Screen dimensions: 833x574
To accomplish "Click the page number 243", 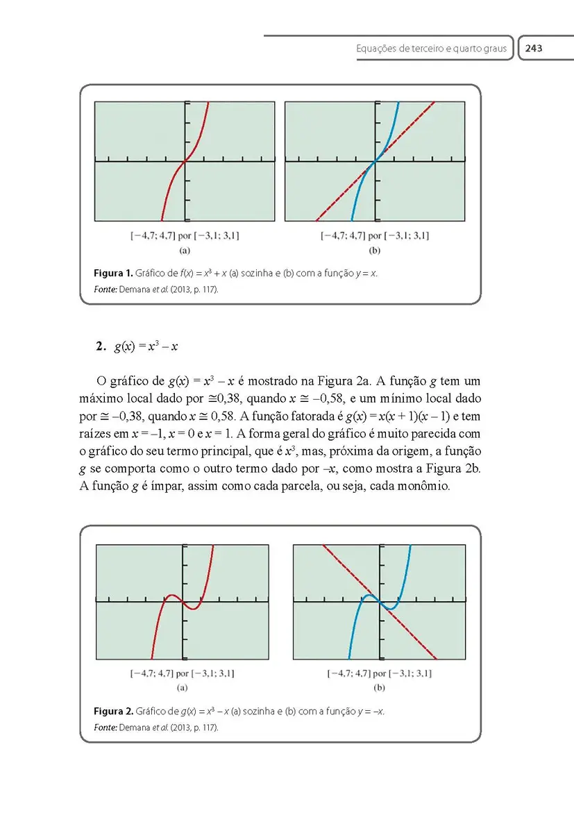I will coord(534,49).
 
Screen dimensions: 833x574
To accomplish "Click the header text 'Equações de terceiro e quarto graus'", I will coord(431,49).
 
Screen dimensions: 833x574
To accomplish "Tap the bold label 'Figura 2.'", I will coord(113,712).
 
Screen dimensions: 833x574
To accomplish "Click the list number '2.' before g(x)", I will coord(101,346).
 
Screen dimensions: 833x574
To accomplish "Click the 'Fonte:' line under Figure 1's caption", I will coord(155,289).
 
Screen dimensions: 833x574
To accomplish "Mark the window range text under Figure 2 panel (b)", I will coord(380,673).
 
